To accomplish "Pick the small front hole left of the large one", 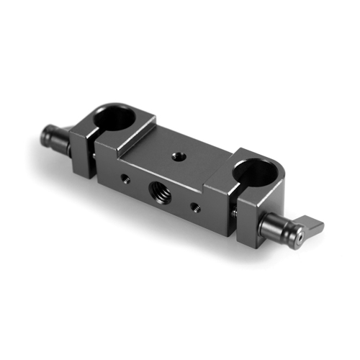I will [126, 176].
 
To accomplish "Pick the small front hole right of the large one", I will [194, 207].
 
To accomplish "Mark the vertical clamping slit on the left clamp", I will [91, 144].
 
